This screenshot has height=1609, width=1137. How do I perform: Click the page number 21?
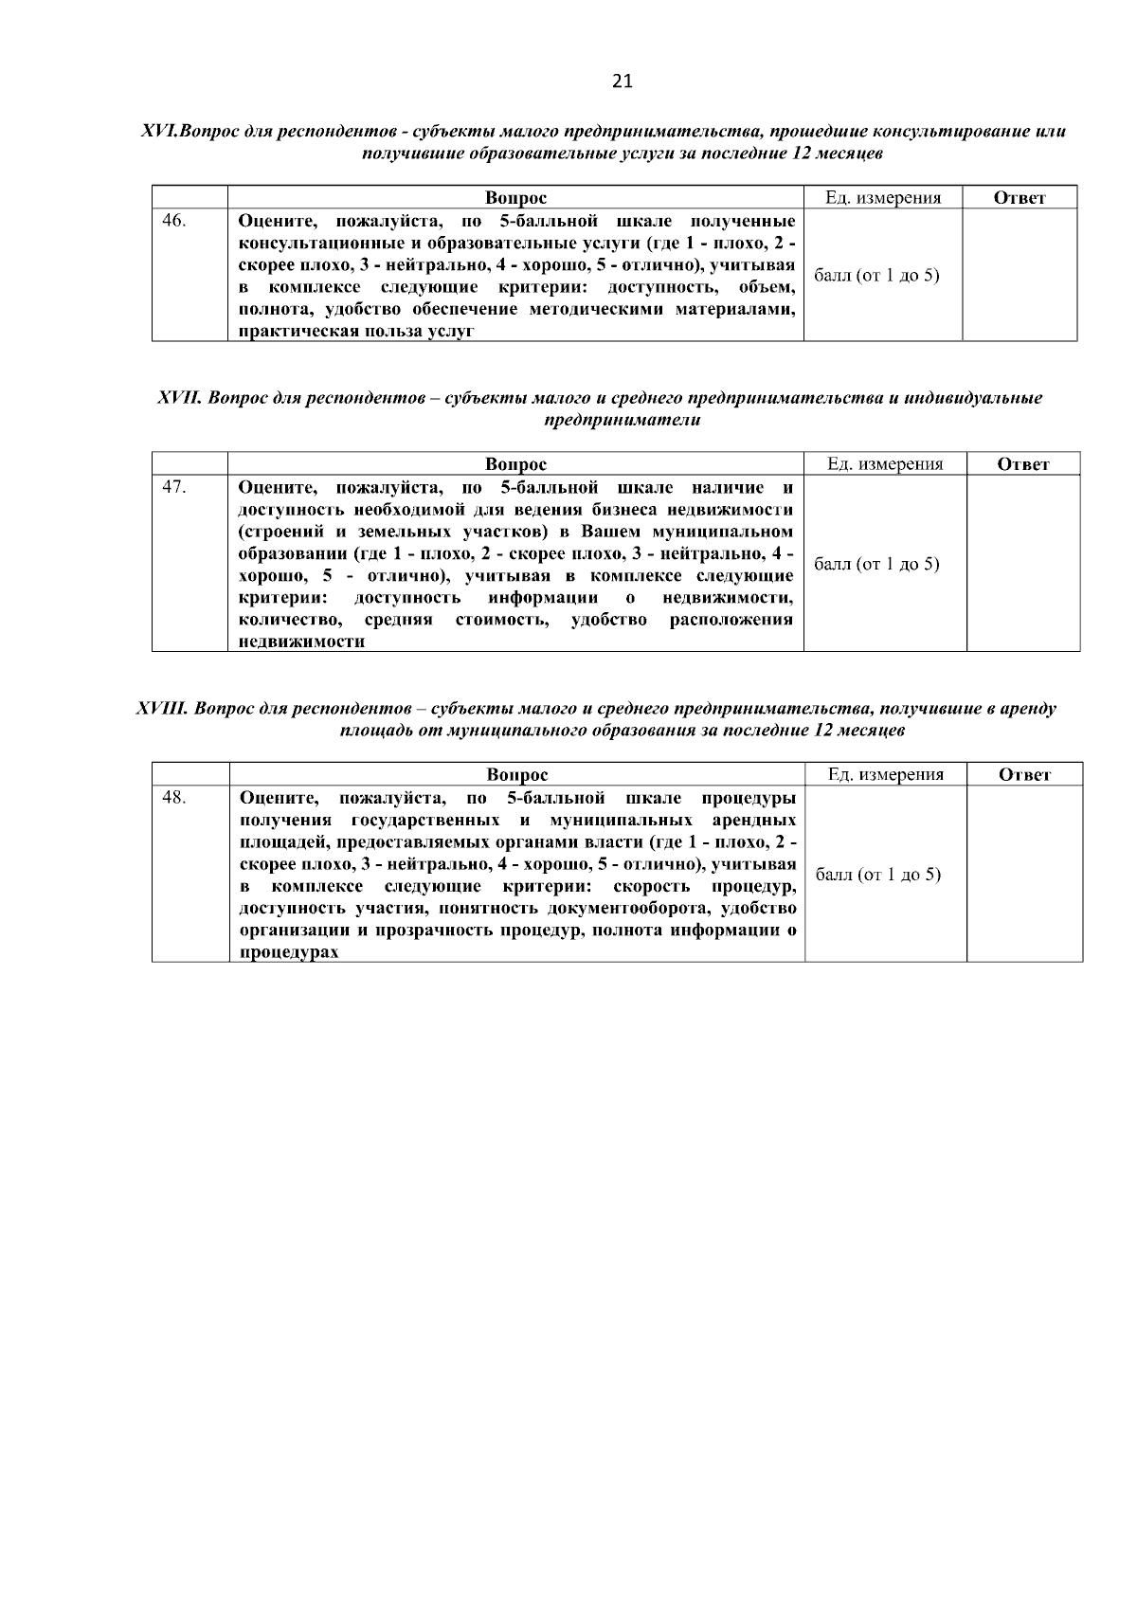(622, 81)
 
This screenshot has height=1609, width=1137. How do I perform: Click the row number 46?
(174, 222)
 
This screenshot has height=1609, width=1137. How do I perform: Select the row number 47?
(174, 487)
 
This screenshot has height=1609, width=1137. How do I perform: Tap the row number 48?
(174, 798)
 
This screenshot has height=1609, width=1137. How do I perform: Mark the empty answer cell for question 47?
(1022, 563)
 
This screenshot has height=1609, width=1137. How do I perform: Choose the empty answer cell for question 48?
(1024, 874)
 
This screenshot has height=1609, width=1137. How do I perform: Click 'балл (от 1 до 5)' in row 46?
(877, 276)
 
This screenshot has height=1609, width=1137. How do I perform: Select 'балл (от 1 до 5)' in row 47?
(877, 564)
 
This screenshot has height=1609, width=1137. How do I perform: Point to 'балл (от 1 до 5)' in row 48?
(878, 875)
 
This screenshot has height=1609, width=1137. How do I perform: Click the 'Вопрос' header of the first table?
(515, 198)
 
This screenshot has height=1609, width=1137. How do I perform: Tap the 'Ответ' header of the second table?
(1023, 464)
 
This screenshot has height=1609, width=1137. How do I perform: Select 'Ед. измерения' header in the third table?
(885, 775)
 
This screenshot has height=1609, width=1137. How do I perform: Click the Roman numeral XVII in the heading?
(178, 398)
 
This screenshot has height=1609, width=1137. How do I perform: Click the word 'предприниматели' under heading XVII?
(623, 421)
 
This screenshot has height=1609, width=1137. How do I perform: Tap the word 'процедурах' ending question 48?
(289, 952)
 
